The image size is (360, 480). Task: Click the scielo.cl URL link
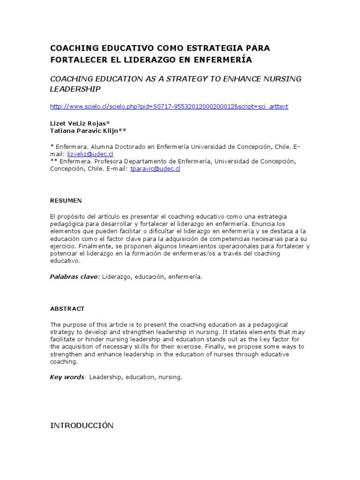tap(169, 106)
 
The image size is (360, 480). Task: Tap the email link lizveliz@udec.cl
tap(97, 153)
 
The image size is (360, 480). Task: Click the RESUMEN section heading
tap(66, 201)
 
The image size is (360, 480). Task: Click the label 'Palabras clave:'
tap(75, 277)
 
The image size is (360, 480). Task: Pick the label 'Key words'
tap(67, 377)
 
